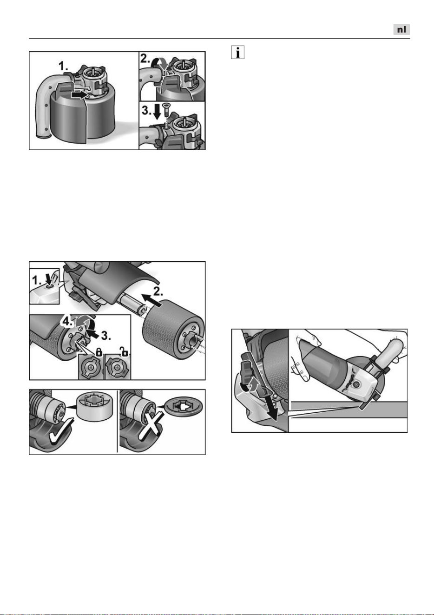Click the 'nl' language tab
401,30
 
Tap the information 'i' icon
238,52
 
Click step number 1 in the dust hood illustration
63,66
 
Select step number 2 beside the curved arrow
145,58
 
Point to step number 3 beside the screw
146,111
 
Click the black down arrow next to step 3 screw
158,111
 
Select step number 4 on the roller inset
67,321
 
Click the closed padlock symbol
99,352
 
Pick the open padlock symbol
124,351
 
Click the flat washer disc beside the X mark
183,407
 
